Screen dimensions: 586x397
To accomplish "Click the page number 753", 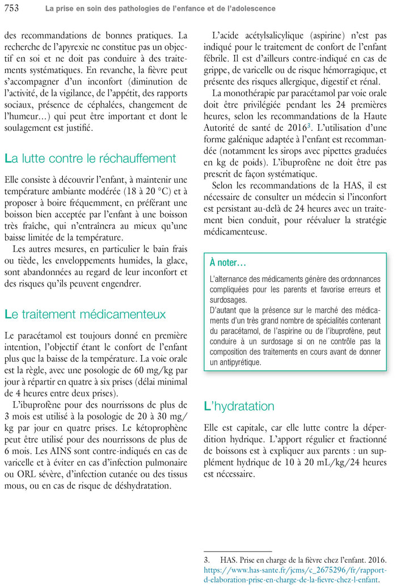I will coord(11,8).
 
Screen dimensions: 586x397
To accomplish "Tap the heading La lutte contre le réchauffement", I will coord(90,159).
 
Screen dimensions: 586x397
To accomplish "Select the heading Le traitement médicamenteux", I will coord(85,314).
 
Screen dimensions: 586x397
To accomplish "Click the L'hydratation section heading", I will coord(239,406).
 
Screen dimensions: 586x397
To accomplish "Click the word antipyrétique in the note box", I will coord(235,362).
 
